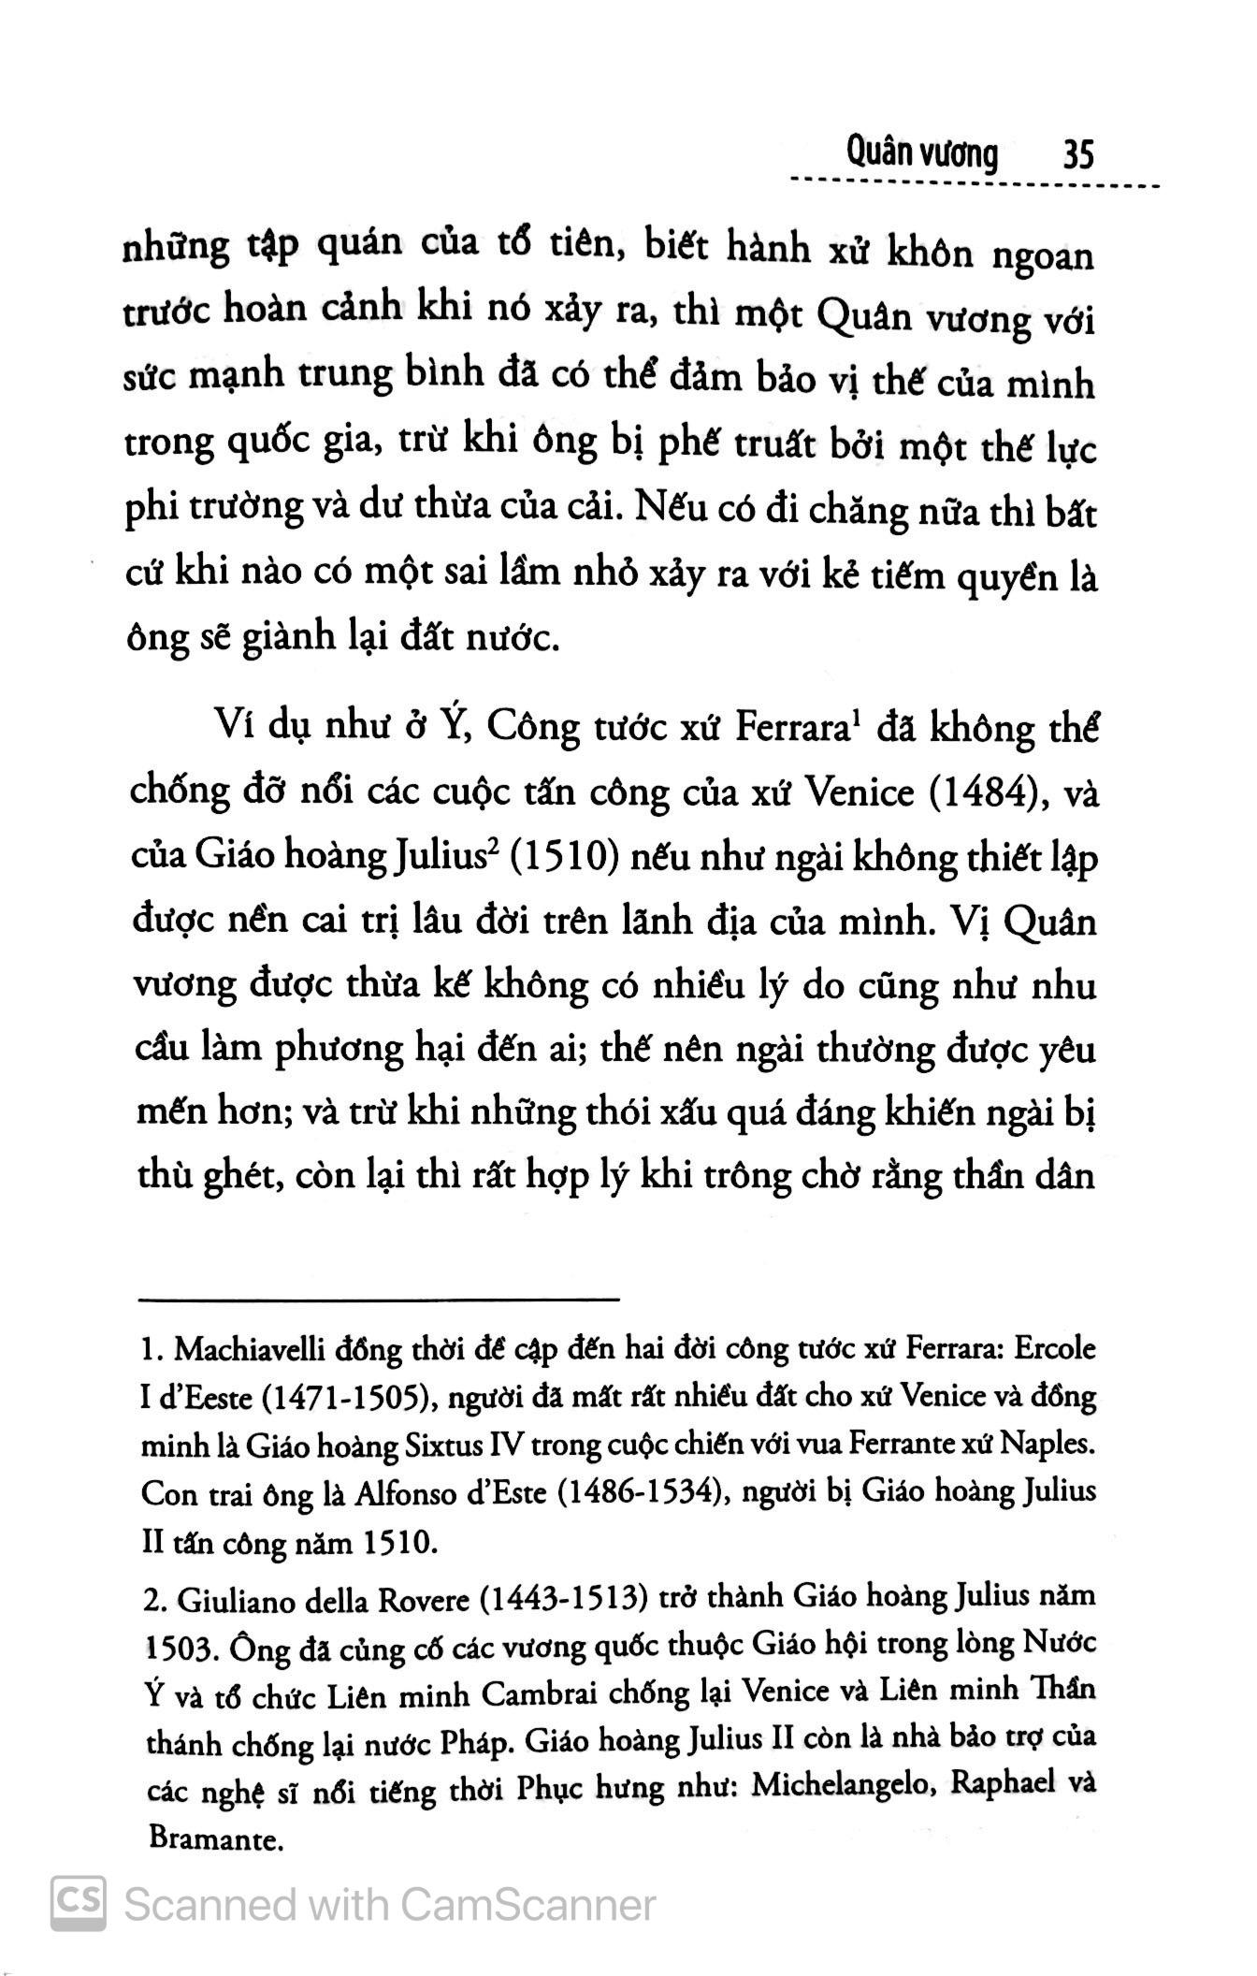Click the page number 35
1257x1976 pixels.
[1077, 153]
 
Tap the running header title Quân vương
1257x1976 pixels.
[920, 153]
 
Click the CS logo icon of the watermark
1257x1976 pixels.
[79, 1904]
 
